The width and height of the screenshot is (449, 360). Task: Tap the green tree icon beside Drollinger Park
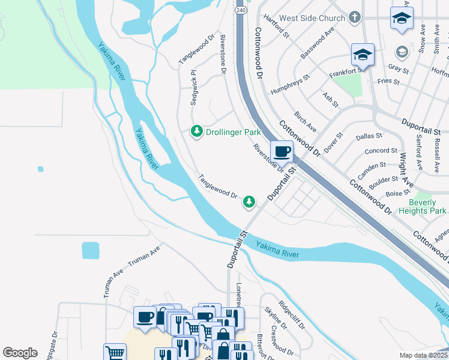(196, 131)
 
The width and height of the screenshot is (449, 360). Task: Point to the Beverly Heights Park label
(423, 207)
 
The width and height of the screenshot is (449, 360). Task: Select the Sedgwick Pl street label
(193, 88)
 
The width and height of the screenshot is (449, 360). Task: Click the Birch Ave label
(305, 121)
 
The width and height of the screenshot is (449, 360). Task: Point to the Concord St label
(381, 151)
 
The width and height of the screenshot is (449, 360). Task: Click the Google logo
(20, 353)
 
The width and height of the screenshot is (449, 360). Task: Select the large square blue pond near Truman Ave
(90, 250)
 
